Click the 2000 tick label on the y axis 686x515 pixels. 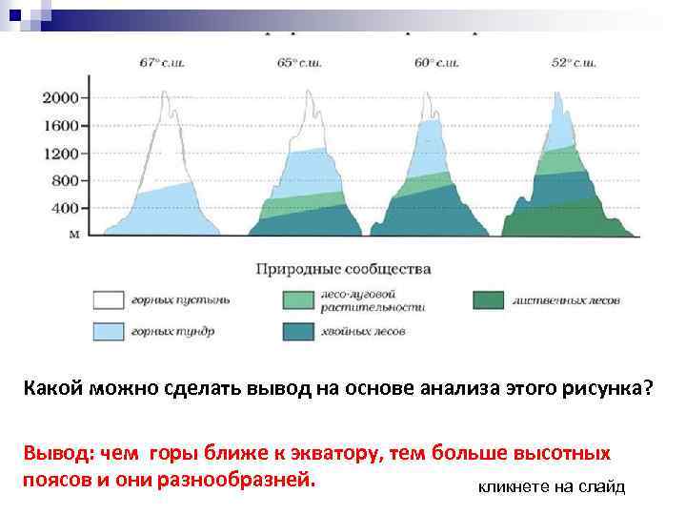pyautogui.click(x=63, y=98)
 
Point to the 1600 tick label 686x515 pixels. pyautogui.click(x=63, y=126)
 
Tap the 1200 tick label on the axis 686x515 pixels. pyautogui.click(x=63, y=154)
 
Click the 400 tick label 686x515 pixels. pyautogui.click(x=67, y=209)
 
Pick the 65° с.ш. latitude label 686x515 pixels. pyautogui.click(x=302, y=63)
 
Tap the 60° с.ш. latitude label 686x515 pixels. pyautogui.click(x=437, y=63)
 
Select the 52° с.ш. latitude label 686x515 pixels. pyautogui.click(x=574, y=63)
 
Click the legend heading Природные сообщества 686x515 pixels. pyautogui.click(x=343, y=270)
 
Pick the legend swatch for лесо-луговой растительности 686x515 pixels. pyautogui.click(x=298, y=300)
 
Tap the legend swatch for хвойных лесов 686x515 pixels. pyautogui.click(x=298, y=331)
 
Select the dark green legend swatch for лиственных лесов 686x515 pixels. pyautogui.click(x=489, y=300)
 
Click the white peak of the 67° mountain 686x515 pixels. pyautogui.click(x=167, y=143)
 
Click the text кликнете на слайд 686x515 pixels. pyautogui.click(x=551, y=487)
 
